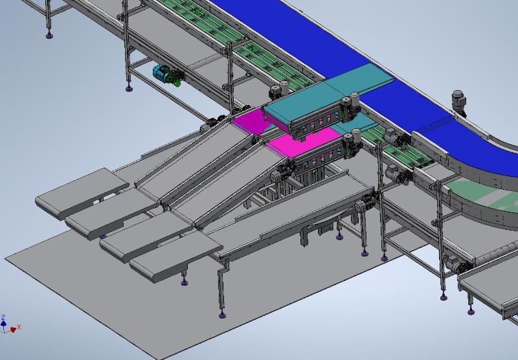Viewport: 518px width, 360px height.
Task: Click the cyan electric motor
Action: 161,72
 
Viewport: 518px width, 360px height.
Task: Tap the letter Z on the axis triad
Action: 3,317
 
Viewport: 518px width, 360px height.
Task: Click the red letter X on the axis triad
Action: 19,327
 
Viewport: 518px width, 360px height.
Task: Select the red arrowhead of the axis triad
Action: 13,330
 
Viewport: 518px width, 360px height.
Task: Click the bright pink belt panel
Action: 304,142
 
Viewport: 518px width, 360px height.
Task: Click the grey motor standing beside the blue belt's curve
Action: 460,102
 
